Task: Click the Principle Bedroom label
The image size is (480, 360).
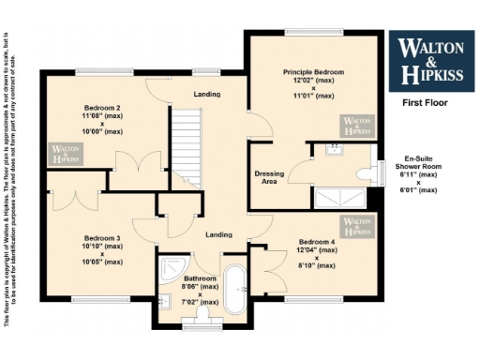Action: point(314,72)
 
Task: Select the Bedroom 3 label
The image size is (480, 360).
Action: point(102,238)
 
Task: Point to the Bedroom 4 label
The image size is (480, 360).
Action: point(314,240)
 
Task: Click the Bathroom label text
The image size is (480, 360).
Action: point(200,278)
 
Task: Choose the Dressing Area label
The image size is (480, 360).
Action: point(269,178)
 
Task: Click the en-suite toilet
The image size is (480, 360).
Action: point(365,173)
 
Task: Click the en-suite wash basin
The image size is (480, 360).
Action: point(333,149)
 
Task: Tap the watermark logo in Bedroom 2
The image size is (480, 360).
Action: point(66,154)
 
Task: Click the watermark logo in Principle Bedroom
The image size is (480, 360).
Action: point(356,127)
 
